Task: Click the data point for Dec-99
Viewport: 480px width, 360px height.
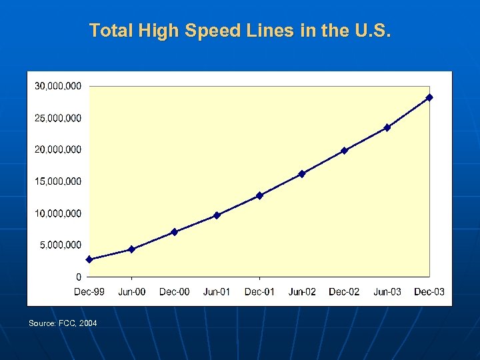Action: point(89,259)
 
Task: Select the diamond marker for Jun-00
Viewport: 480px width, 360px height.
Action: point(131,249)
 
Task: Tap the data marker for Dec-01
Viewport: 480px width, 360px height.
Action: point(259,195)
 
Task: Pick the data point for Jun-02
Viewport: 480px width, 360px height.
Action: point(302,174)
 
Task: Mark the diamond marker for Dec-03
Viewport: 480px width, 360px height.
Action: point(429,97)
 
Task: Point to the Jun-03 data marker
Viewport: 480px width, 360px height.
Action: point(387,127)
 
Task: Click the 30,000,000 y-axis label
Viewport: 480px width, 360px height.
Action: point(58,86)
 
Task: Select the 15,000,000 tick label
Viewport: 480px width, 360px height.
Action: point(58,181)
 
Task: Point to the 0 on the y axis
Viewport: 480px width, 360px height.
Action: point(79,277)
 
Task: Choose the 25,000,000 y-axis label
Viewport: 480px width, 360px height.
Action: point(58,118)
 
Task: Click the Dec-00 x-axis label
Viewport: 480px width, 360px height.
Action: point(174,292)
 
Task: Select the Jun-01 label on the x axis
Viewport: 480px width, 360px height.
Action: point(217,292)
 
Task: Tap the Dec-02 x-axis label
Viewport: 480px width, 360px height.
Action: point(344,292)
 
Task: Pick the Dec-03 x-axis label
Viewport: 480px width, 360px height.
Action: point(429,292)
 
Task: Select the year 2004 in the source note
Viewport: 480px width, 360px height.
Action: point(87,323)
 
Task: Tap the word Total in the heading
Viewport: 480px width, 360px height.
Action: point(108,31)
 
